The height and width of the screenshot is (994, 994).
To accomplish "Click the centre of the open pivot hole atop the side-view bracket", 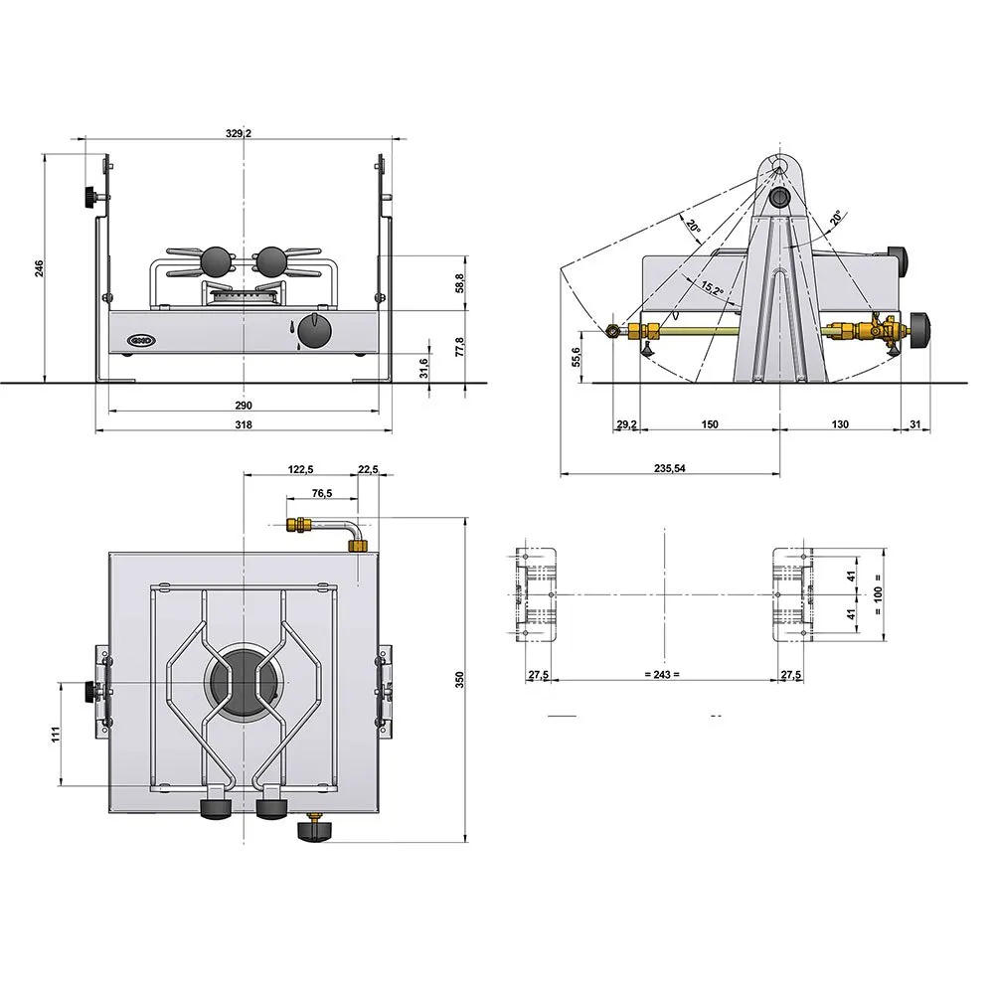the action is [x=779, y=166].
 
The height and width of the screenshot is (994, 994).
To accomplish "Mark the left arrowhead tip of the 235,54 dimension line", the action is [x=561, y=473].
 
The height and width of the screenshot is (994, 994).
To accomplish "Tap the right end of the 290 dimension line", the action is [x=379, y=411].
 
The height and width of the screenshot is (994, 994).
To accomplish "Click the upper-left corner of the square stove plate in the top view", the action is [x=109, y=553].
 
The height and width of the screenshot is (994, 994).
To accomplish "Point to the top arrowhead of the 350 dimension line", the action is [x=466, y=518].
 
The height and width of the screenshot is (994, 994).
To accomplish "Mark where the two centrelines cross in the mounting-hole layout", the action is [x=664, y=594].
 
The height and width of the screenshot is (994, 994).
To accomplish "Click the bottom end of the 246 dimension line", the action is [x=45, y=383].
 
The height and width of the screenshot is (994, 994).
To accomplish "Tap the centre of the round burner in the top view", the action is [x=245, y=683].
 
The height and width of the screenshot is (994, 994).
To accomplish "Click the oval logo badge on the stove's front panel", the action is [x=141, y=340].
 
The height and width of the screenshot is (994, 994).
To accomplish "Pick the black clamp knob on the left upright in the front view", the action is [x=88, y=197].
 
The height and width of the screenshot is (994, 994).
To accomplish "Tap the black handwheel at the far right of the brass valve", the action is [x=919, y=330].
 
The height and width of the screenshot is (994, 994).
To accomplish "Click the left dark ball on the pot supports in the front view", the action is [x=216, y=261].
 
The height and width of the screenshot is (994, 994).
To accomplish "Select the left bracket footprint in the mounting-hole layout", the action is [x=536, y=595].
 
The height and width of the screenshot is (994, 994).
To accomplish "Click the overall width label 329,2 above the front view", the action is [x=239, y=133].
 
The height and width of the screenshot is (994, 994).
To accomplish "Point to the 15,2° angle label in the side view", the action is [x=712, y=288].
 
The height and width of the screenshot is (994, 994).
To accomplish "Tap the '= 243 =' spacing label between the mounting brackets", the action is [x=662, y=675].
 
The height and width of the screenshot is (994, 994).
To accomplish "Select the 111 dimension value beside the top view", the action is [x=56, y=735].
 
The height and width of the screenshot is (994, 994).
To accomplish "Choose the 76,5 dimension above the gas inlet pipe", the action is [x=322, y=493].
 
